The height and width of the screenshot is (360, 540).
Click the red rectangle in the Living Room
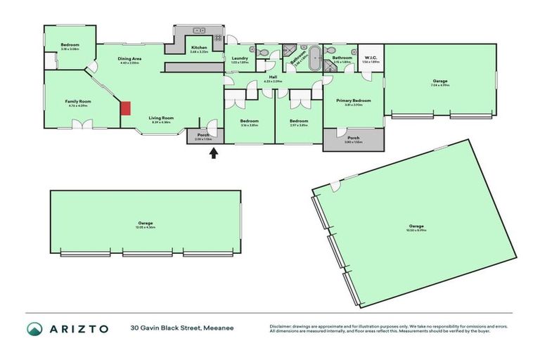(125, 108)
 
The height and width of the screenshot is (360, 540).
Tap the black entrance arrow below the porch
(214, 152)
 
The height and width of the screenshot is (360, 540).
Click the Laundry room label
(240, 58)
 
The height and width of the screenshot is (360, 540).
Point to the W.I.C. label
(370, 58)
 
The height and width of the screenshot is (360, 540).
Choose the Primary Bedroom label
(353, 101)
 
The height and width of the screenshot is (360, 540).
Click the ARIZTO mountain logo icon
(34, 328)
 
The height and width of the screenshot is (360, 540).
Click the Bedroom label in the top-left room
(70, 44)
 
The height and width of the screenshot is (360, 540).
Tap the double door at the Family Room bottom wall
(84, 125)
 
